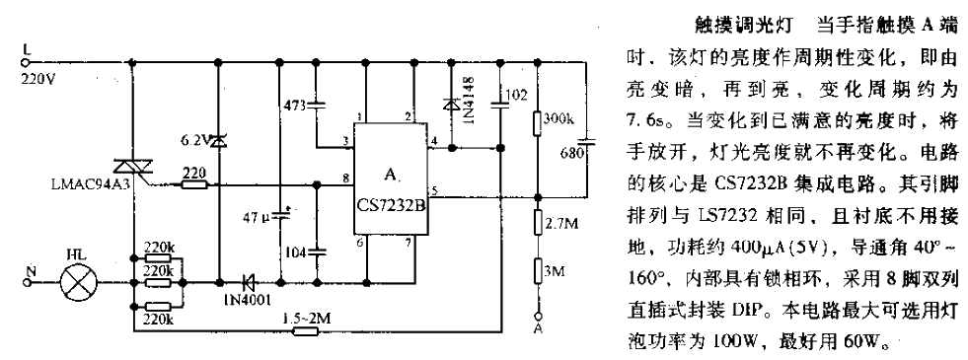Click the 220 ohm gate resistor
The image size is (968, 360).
pos(193,184)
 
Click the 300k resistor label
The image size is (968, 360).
pos(558,119)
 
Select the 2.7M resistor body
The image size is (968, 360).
pos(539,223)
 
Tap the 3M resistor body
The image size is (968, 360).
pos(539,271)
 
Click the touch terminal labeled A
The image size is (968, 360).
pos(539,328)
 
